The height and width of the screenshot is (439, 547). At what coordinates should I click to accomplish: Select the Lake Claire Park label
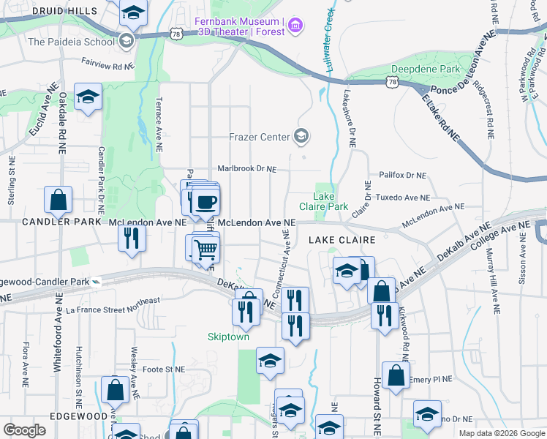(331, 201)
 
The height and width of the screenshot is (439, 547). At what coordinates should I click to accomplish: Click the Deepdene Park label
(425, 69)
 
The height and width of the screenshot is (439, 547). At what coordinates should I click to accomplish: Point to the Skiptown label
(227, 337)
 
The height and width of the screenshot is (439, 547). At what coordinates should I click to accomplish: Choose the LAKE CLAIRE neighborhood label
(342, 240)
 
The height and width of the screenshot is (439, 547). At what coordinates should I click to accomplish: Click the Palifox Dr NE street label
(401, 176)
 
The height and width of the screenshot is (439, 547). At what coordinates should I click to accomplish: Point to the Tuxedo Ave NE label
(402, 198)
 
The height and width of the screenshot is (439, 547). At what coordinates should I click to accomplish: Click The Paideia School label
(72, 41)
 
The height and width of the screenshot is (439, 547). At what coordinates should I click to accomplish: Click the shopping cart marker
(205, 250)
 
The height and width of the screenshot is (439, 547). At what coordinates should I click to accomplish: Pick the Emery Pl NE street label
(431, 379)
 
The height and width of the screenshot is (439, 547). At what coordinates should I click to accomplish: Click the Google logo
(25, 430)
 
